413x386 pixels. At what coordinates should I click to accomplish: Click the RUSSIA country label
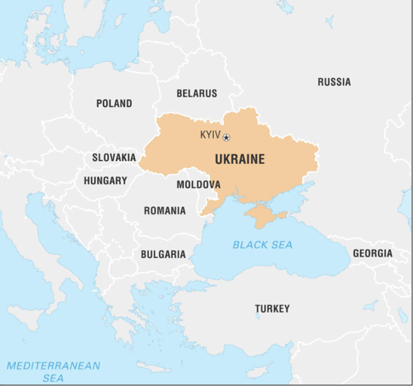[333, 82]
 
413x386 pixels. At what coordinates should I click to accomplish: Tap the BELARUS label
[196, 94]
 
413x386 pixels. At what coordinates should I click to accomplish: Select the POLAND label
[114, 104]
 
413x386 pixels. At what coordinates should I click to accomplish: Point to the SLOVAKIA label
[114, 158]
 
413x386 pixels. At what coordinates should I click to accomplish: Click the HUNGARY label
[105, 181]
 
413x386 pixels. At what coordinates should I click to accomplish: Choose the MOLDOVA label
[198, 184]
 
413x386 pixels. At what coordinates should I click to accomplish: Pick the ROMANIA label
[165, 211]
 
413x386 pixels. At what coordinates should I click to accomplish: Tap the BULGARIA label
[163, 254]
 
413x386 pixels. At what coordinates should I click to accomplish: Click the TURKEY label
[272, 309]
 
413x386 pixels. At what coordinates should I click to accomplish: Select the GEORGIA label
[372, 254]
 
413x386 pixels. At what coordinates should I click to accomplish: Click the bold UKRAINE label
[239, 159]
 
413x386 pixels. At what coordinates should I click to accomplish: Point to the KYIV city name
[210, 136]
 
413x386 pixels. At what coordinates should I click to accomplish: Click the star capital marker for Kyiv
[227, 138]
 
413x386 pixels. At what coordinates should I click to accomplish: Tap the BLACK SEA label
[262, 245]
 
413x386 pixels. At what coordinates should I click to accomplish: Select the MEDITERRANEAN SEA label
[53, 371]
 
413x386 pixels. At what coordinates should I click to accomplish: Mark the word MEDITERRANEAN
[53, 365]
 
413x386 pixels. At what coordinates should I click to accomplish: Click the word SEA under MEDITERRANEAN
[53, 378]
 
